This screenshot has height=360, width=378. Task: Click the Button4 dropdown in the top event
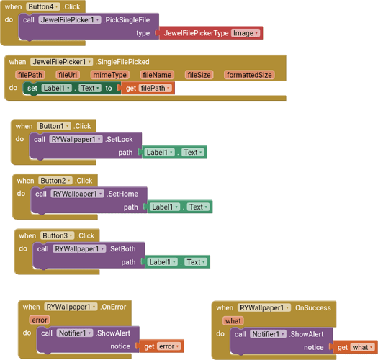pos(43,6)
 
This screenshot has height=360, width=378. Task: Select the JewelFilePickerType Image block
pos(209,33)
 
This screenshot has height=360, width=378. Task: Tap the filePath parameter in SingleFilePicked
pos(30,74)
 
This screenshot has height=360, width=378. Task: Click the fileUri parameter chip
pos(68,74)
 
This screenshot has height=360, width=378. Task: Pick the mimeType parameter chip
pos(109,74)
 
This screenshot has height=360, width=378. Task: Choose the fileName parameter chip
pos(157,74)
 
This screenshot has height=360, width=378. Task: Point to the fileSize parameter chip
pos(199,74)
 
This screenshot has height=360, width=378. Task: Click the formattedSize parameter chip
pos(249,74)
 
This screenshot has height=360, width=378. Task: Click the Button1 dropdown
pos(54,126)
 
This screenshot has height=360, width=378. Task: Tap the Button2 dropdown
pos(56,181)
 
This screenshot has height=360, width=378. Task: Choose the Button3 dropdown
pos(58,235)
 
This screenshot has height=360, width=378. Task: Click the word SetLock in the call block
pos(120,139)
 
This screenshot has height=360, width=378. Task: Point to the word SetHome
pos(124,194)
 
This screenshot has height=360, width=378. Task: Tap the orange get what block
pos(353,347)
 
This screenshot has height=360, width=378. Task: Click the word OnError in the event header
pos(114,307)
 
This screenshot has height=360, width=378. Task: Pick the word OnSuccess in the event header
pos(312,307)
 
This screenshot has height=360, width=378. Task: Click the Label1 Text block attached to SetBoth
pos(177,262)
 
